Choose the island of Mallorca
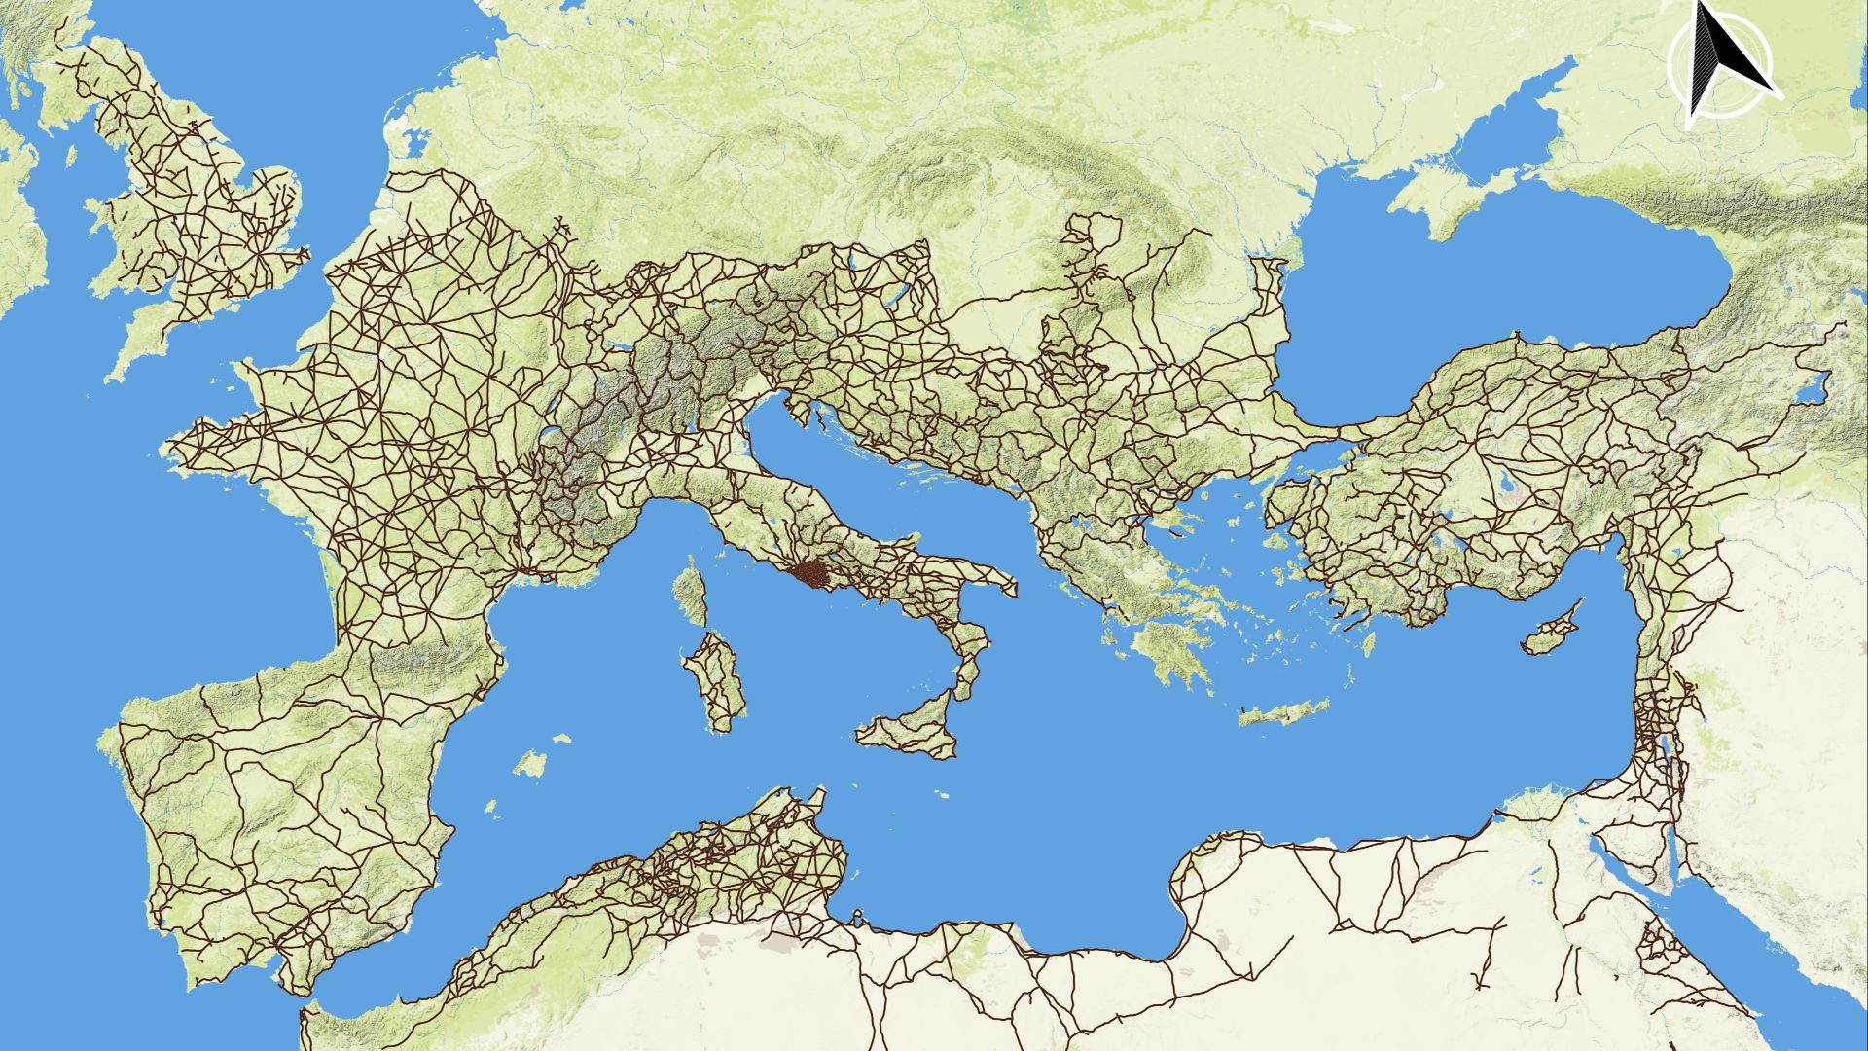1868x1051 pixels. [x=530, y=765]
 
